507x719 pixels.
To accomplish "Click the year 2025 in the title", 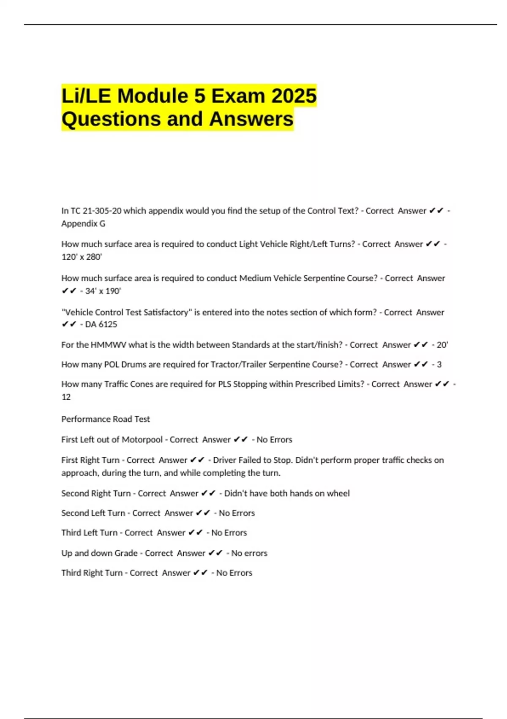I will pos(294,96).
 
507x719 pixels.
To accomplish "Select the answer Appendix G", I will pos(83,223).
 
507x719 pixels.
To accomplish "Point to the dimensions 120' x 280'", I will pos(82,257).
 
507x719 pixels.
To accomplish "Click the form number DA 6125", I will pos(101,324).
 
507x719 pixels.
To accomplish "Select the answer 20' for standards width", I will pos(442,345).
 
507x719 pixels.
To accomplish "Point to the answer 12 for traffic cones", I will pos(66,397).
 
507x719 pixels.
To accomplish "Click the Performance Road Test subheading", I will pos(106,419).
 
